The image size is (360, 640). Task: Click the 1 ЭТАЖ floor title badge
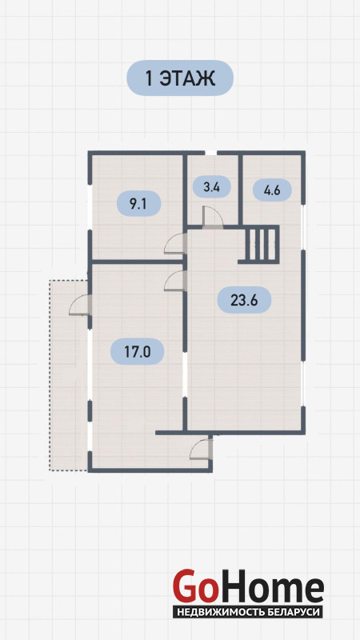click(180, 78)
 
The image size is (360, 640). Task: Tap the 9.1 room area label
click(138, 204)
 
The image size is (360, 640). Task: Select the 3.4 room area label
click(211, 188)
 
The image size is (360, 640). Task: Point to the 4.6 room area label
click(272, 190)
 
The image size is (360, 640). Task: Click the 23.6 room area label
click(244, 300)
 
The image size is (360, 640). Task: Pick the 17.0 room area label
click(138, 351)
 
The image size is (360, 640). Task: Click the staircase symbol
click(258, 245)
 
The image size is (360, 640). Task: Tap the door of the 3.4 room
click(213, 216)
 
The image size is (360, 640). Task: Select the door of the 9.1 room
click(174, 243)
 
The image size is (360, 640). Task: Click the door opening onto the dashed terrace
click(79, 305)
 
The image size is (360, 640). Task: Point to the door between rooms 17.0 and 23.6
click(175, 281)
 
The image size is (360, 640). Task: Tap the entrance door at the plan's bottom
click(201, 449)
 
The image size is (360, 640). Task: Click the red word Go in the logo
click(194, 586)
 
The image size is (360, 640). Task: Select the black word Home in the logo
click(270, 586)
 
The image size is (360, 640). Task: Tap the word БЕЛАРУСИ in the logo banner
click(298, 612)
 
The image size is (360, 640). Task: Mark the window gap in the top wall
click(210, 153)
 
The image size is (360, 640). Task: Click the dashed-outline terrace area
click(69, 374)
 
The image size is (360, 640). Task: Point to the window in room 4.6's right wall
click(303, 227)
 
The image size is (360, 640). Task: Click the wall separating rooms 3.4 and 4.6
click(241, 190)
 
